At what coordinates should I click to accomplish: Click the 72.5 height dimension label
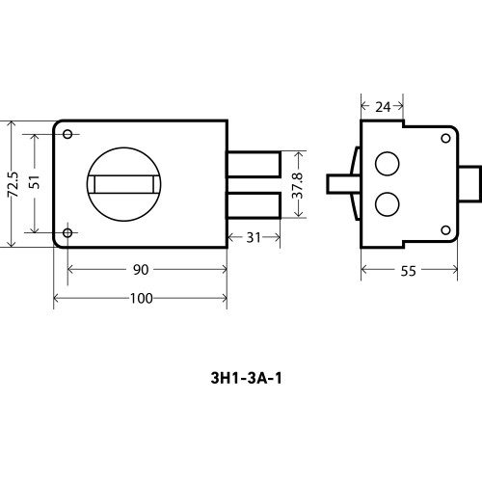coord(13,184)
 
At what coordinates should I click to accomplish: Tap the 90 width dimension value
coord(141,270)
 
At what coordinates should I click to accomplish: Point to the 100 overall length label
coord(142,299)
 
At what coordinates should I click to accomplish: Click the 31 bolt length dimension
coord(254,238)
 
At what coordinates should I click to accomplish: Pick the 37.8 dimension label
coord(298,185)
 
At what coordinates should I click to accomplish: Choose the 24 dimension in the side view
coord(383,107)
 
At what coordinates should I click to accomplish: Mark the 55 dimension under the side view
coord(408,271)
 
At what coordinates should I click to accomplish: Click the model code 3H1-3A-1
coord(247,378)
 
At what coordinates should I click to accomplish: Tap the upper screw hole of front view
coord(67,134)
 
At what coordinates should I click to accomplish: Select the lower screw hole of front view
coord(67,232)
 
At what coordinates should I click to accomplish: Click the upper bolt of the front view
coord(254,164)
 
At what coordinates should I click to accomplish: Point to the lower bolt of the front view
coord(254,205)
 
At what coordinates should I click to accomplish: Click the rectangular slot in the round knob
coord(123,184)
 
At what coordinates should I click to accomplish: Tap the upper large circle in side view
coord(388,164)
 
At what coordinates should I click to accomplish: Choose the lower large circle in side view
coord(388,204)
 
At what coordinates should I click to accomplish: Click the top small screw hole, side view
coord(445,139)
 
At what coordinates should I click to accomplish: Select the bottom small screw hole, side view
coord(445,230)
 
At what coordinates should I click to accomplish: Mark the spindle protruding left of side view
coord(343,184)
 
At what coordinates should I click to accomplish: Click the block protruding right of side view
coord(469,184)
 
